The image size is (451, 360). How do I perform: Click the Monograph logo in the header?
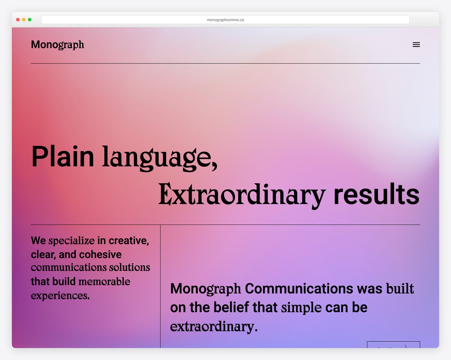click(58, 45)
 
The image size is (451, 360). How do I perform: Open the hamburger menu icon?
click(416, 45)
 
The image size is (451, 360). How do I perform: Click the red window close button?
click(18, 20)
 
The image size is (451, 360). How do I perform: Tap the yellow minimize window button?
click(24, 20)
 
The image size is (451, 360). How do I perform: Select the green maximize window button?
click(30, 20)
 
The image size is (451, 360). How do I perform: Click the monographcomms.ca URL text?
click(225, 20)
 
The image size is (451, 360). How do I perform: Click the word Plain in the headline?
click(62, 156)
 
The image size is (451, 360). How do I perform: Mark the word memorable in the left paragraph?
click(104, 281)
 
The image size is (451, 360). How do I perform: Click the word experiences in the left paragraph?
click(60, 296)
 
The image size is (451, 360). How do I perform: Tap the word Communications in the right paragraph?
click(299, 289)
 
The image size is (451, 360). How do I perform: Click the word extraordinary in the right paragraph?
click(213, 326)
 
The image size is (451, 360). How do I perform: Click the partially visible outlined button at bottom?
click(393, 345)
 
